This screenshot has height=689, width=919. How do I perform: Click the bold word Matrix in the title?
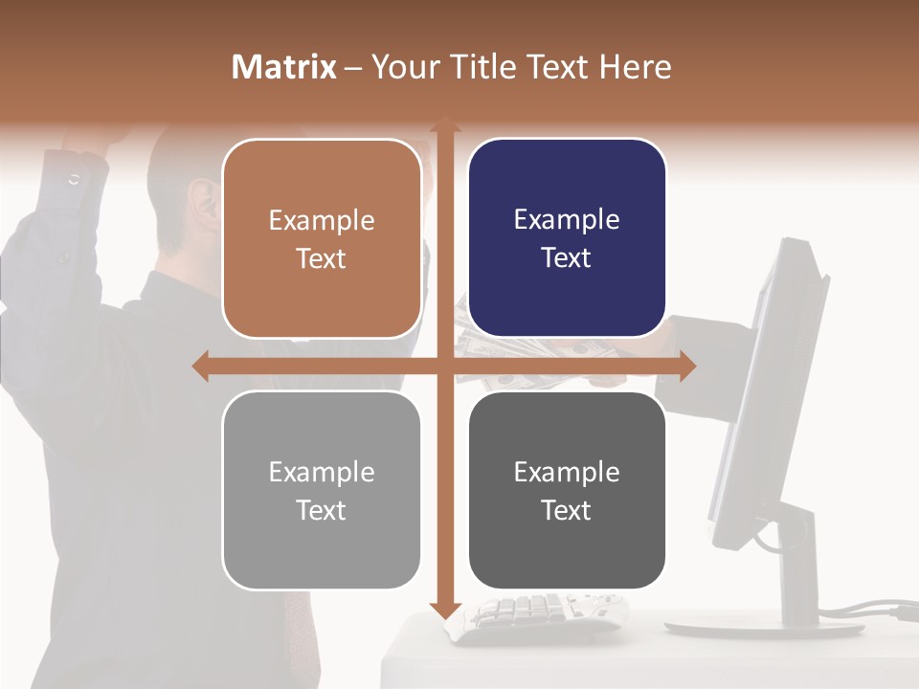click(284, 67)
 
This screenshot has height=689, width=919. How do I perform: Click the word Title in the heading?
click(491, 67)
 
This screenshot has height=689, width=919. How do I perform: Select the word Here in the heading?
click(635, 67)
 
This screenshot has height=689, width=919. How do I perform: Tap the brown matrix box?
click(322, 238)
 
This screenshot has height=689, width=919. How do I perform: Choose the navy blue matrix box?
click(567, 238)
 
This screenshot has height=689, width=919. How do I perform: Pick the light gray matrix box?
click(322, 490)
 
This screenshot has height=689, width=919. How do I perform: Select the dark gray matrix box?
click(567, 490)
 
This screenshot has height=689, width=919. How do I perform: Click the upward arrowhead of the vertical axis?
click(444, 124)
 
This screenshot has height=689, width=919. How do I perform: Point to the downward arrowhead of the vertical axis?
click(444, 610)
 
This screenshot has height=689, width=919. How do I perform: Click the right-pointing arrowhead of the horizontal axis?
click(687, 366)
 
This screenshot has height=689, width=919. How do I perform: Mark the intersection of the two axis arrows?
click(444, 366)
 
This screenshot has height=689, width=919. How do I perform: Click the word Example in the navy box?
click(567, 220)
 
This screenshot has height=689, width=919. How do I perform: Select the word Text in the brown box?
click(321, 258)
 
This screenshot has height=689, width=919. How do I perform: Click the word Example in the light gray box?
click(322, 472)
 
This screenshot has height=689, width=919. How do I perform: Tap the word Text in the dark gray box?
click(566, 510)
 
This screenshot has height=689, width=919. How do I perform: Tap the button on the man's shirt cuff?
click(75, 179)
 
